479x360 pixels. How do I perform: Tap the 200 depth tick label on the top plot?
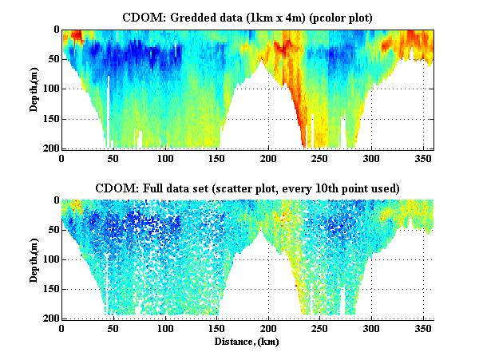point(50,149)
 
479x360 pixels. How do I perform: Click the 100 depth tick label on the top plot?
point(50,89)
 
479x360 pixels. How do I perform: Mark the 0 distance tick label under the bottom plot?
point(62,328)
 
